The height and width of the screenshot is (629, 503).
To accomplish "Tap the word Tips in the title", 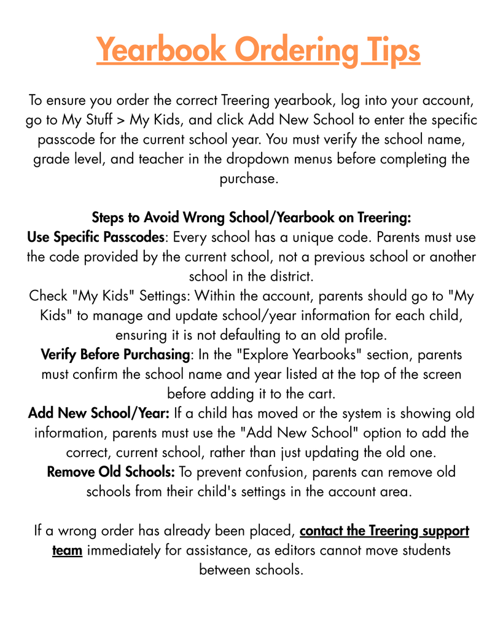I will (x=391, y=50).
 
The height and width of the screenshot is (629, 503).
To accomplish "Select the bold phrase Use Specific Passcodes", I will (x=96, y=236).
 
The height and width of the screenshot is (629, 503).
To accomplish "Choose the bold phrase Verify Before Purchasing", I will (x=114, y=354).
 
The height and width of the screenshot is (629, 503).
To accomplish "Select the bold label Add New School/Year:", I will (x=99, y=413).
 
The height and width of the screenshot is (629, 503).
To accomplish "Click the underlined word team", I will (x=67, y=550).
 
